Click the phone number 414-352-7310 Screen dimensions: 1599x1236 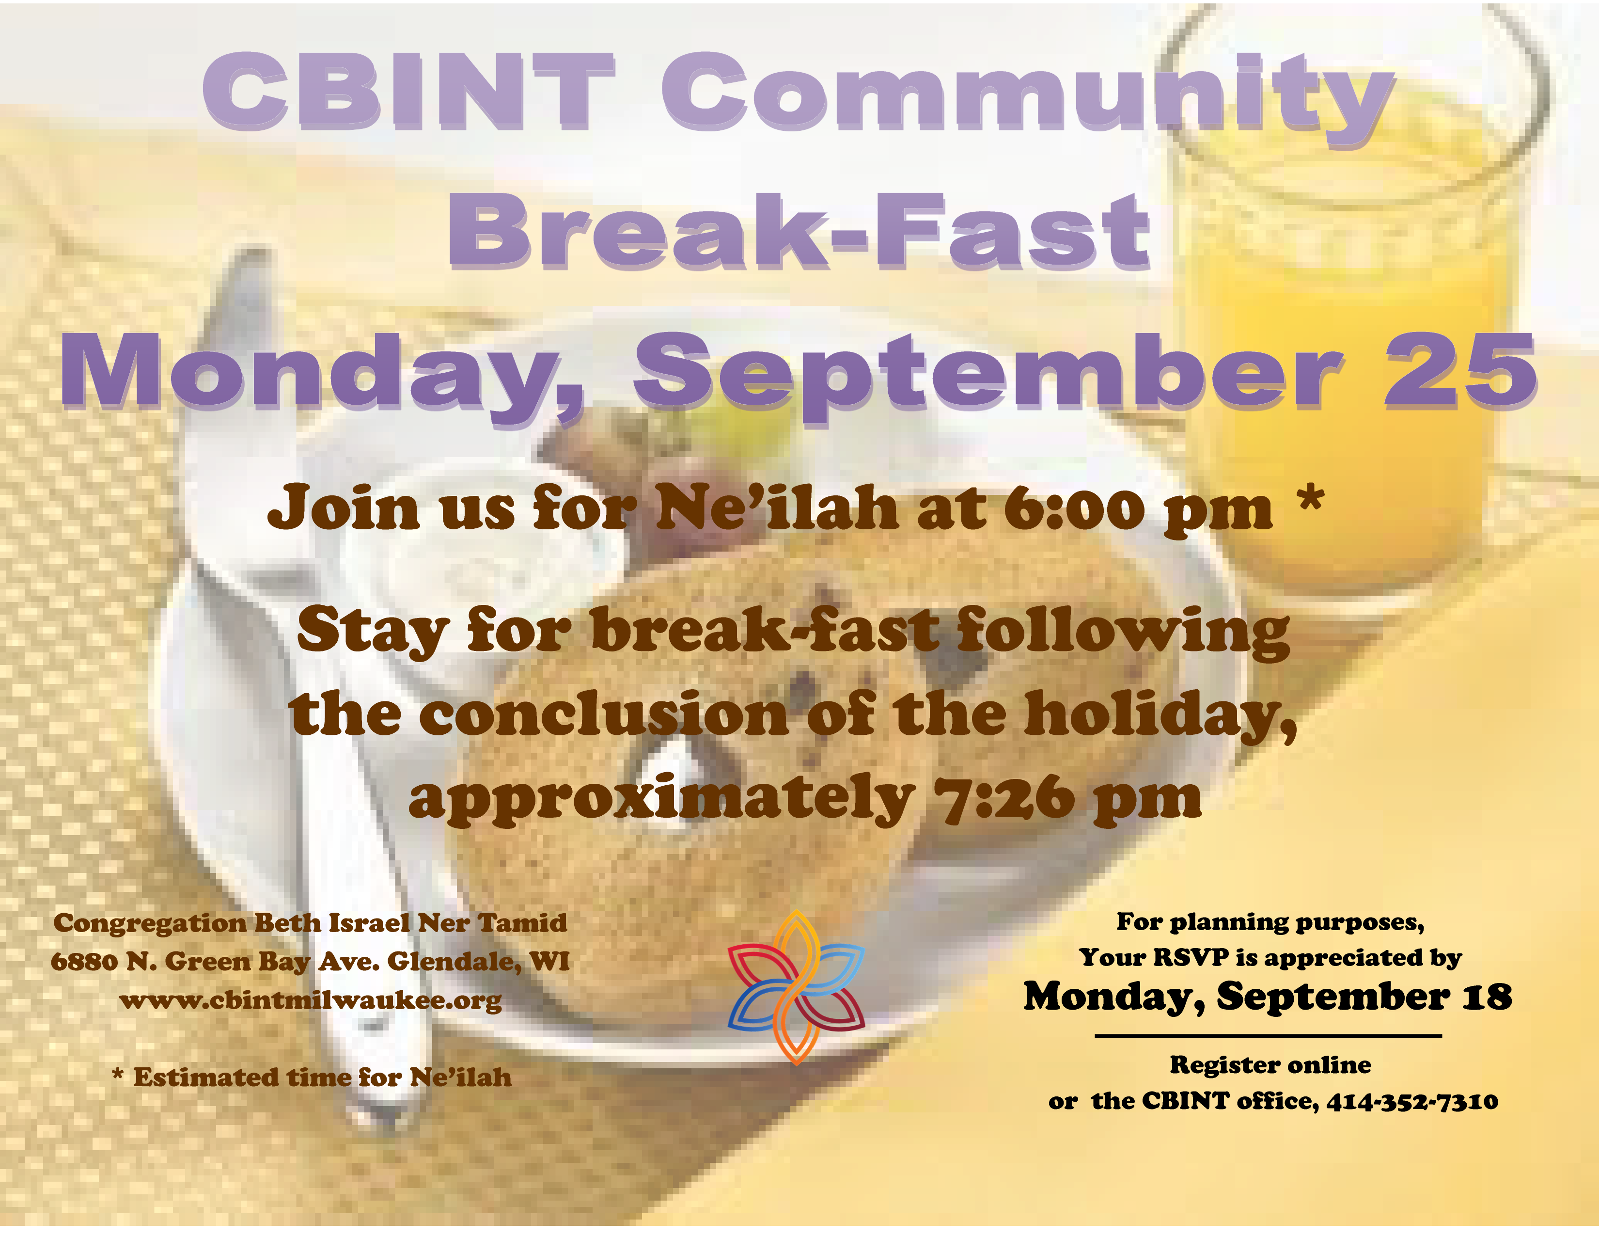pos(1412,1101)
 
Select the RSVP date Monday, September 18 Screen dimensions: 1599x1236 pos(1268,997)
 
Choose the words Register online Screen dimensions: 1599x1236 pos(1270,1065)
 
